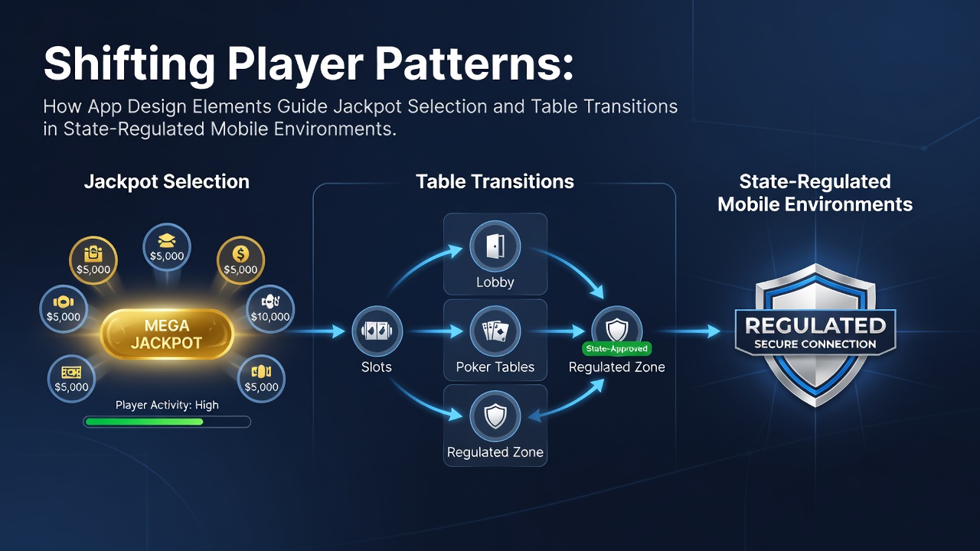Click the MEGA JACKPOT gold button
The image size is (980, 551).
(167, 334)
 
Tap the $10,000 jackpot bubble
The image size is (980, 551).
(270, 309)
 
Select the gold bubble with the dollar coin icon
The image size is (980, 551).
(240, 260)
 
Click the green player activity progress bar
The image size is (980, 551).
(145, 422)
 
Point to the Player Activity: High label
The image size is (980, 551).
(167, 405)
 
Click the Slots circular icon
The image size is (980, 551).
(377, 331)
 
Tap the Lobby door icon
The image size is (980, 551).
(495, 246)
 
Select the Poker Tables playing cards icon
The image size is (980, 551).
(495, 331)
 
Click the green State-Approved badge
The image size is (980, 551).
(617, 348)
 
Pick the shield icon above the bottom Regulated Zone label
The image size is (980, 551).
(495, 416)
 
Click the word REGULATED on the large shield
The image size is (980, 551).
(815, 326)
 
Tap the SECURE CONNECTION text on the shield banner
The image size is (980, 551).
(815, 344)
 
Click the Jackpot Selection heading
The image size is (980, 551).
(167, 181)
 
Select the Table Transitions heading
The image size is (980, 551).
(495, 181)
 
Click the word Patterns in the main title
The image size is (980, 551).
(474, 64)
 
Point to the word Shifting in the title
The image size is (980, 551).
(129, 65)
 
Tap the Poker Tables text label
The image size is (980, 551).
(495, 367)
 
